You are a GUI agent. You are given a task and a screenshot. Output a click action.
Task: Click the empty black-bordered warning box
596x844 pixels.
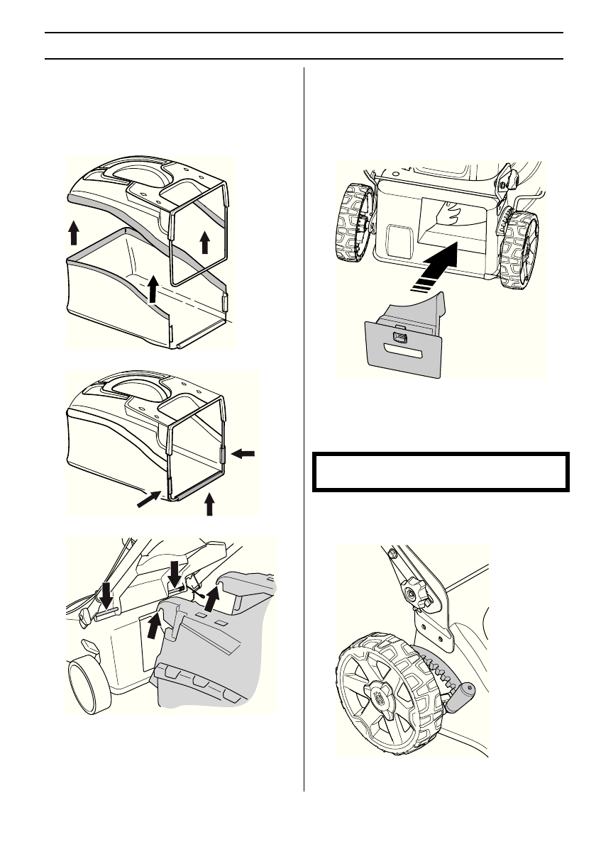pos(441,471)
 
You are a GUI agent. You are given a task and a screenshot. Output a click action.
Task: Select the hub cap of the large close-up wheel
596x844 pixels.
pos(377,699)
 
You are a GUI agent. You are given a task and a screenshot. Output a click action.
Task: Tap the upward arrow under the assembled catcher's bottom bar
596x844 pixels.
pos(209,504)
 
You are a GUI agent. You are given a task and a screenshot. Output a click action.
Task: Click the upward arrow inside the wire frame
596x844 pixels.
pos(205,240)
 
